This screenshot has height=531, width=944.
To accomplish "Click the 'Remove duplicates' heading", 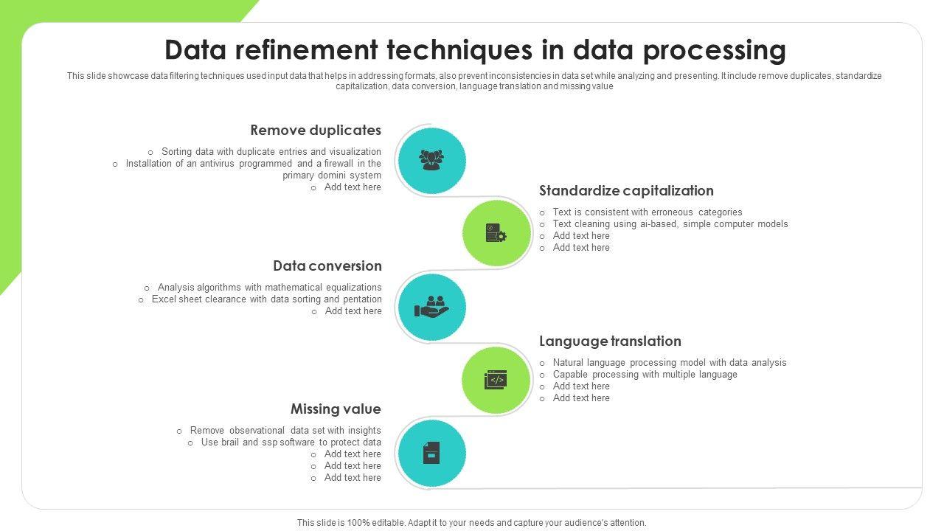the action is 316,131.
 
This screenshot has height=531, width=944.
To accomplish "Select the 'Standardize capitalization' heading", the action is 626,191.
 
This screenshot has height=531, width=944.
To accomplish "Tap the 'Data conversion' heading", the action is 327,266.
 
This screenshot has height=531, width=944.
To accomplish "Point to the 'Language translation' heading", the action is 610,341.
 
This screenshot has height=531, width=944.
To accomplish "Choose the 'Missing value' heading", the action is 336,409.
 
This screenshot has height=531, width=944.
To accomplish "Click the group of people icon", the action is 431,160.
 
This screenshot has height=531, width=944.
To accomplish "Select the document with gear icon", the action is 496,234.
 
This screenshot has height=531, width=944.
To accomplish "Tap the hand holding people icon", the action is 431,308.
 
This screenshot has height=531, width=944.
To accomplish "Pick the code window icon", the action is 496,380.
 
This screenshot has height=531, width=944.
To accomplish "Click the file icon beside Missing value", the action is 431,453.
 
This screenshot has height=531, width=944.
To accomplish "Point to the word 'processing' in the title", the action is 714,50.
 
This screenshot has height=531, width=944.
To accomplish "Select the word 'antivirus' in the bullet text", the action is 218,164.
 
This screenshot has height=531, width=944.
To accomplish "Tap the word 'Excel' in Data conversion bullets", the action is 164,299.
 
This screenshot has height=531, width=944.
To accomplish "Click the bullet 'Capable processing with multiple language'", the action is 645,375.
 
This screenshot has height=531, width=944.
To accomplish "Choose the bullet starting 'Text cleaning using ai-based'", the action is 670,224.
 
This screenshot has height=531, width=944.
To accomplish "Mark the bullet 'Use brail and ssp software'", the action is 291,442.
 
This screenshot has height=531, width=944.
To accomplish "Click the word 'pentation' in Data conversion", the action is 362,299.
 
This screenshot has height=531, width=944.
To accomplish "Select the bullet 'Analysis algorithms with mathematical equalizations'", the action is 269,288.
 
